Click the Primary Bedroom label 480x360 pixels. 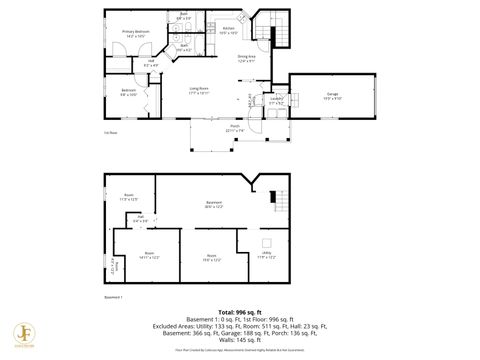click(x=136, y=34)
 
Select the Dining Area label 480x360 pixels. click(x=246, y=59)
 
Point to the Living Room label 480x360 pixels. click(x=200, y=91)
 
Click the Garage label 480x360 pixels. click(x=331, y=97)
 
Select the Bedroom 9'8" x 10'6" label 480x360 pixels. click(x=129, y=93)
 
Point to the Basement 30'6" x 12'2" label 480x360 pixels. click(x=213, y=205)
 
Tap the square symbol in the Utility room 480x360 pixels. click(x=267, y=242)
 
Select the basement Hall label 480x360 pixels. click(x=141, y=219)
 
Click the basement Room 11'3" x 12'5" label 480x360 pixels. click(x=128, y=197)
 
